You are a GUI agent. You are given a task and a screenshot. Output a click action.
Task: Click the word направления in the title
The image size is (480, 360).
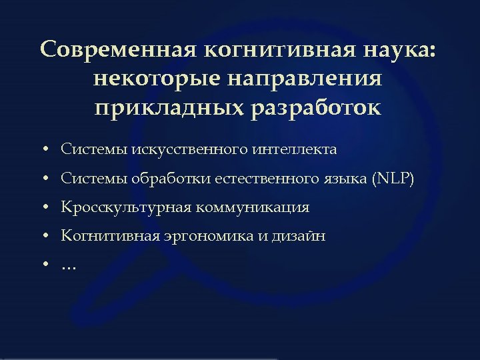[306, 79]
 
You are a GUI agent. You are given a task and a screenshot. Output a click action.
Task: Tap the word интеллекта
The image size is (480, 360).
[295, 149]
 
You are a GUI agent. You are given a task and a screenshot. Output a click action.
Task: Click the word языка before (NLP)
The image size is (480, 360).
[347, 179]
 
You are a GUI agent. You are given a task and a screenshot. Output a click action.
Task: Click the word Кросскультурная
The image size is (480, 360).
[126, 207]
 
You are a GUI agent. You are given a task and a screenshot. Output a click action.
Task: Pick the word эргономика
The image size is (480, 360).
[206, 236]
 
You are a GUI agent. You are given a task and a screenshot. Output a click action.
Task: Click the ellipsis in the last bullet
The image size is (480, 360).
[69, 267]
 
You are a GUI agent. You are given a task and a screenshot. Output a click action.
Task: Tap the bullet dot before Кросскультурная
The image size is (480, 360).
[44, 208]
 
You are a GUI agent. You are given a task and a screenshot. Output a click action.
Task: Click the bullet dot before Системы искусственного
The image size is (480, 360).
[44, 150]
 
